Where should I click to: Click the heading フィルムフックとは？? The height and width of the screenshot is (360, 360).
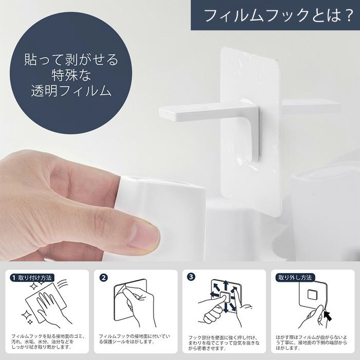tap(278, 15)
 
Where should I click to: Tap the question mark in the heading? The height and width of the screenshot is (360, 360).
tap(347, 15)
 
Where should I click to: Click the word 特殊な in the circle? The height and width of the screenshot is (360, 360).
tap(71, 75)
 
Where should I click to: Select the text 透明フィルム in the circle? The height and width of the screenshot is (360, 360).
tap(71, 91)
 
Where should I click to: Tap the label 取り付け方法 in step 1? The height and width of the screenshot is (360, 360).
tap(35, 278)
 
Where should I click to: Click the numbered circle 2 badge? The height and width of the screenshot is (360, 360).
tap(103, 278)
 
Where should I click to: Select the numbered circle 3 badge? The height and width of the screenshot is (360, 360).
tap(191, 277)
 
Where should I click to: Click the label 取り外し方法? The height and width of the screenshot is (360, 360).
tap(295, 278)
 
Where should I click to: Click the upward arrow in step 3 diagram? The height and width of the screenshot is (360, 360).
tap(225, 285)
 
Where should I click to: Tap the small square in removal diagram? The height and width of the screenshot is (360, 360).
tap(312, 295)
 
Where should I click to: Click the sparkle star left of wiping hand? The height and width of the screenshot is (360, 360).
tap(26, 315)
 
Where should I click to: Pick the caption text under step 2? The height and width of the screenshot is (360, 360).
tap(135, 339)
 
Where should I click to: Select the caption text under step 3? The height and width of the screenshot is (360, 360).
tap(224, 343)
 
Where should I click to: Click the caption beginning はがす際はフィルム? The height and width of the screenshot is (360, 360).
tap(312, 343)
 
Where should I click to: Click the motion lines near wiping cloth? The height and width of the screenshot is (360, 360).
tap(63, 284)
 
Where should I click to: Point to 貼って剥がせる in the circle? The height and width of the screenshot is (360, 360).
tap(71, 59)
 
